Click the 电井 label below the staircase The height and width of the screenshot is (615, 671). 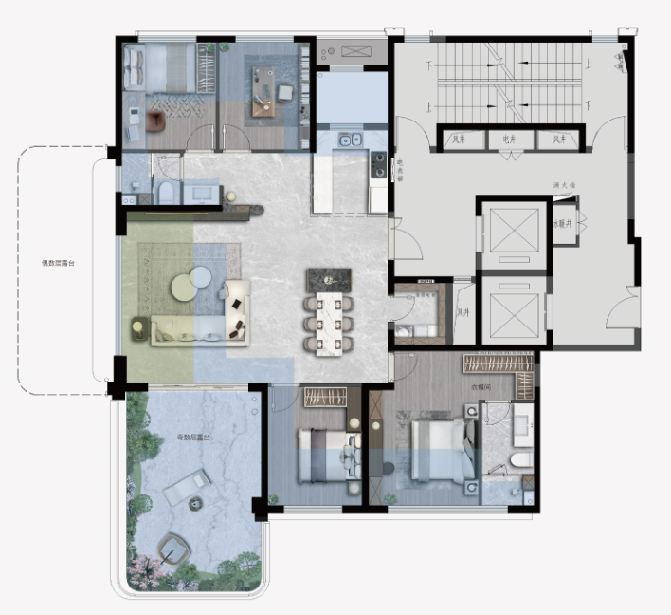click(508, 140)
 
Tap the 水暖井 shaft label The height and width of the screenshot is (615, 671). click(566, 226)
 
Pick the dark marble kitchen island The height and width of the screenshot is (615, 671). click(328, 279)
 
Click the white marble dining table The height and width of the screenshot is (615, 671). click(329, 321)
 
